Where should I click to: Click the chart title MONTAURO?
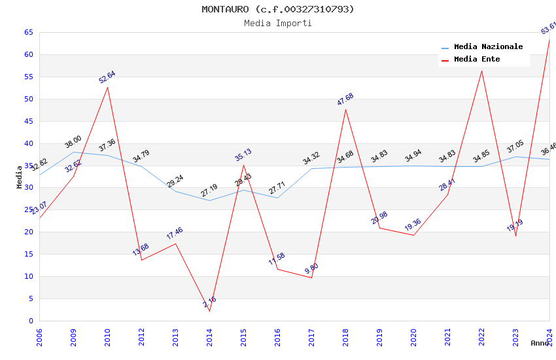click(278, 9)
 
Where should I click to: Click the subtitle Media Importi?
click(278, 23)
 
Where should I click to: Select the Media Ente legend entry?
click(477, 60)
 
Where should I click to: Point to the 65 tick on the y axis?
click(28, 32)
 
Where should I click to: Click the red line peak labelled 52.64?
click(107, 87)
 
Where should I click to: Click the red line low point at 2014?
click(209, 311)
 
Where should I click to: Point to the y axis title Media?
click(20, 177)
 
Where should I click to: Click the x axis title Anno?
click(540, 343)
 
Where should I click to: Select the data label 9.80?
click(311, 268)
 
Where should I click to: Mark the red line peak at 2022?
click(481, 71)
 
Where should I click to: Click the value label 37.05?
click(515, 147)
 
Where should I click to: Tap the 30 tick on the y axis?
click(28, 187)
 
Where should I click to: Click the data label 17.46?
click(175, 234)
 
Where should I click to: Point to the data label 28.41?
click(447, 185)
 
